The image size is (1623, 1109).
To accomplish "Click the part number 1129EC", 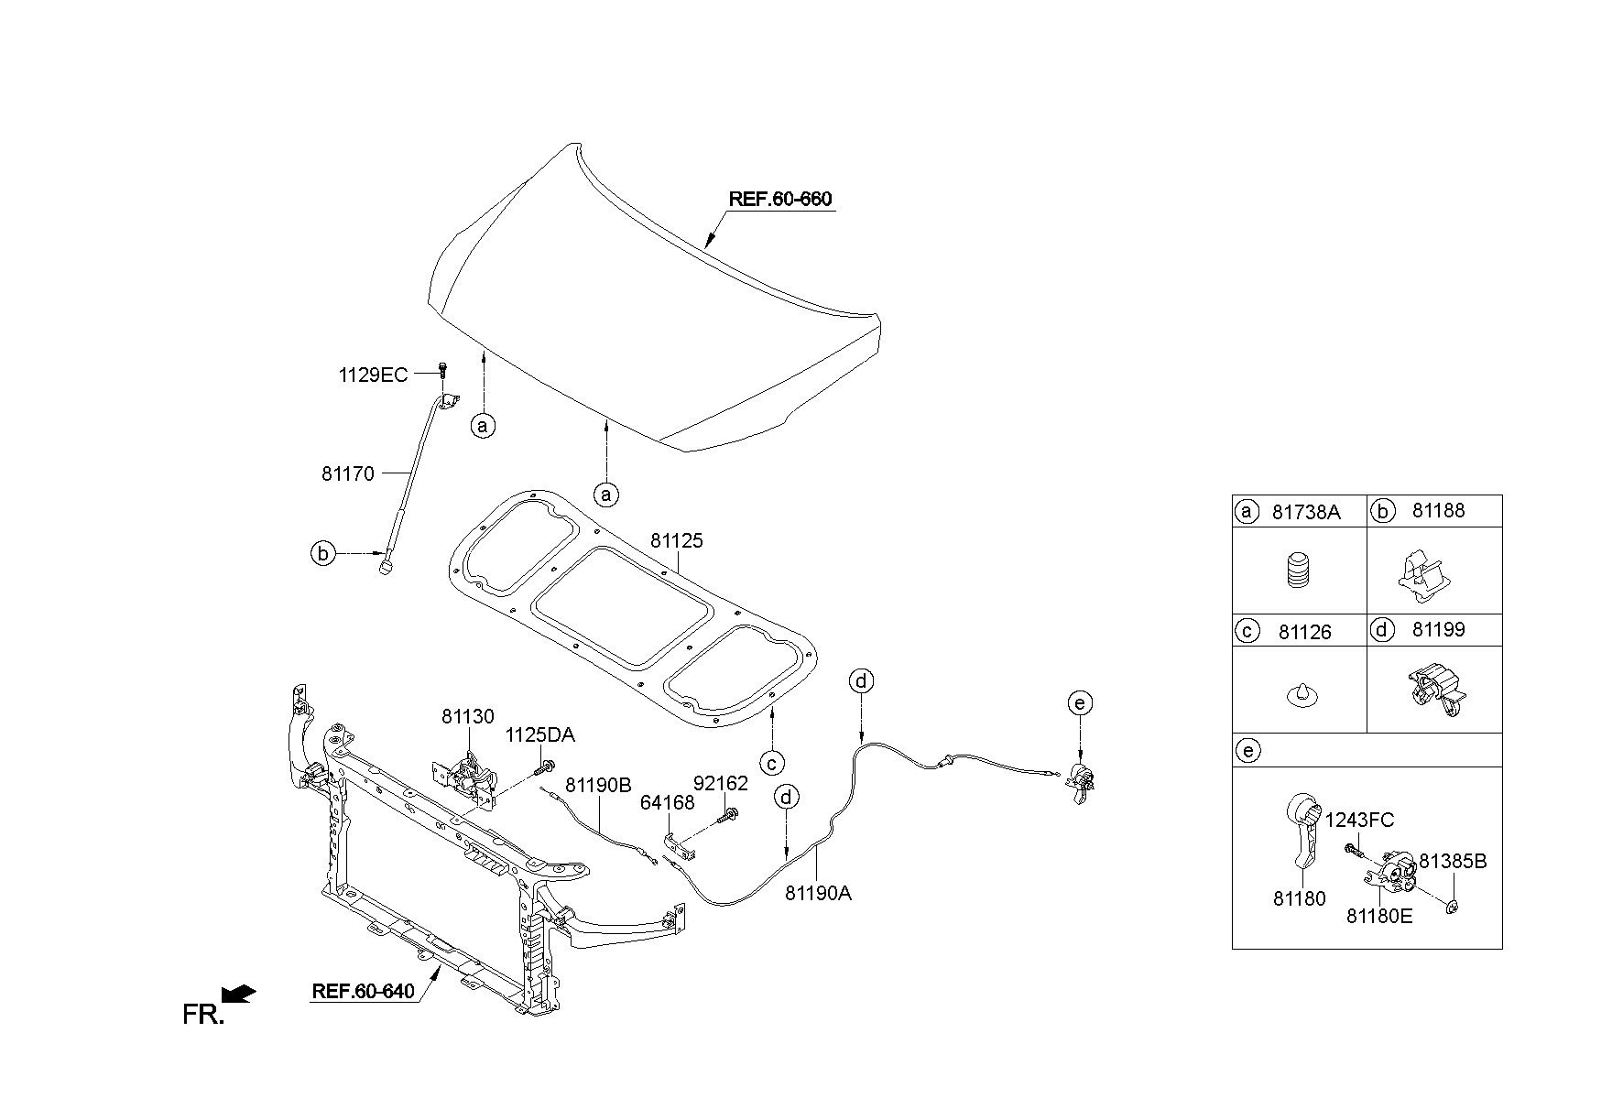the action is click(374, 375).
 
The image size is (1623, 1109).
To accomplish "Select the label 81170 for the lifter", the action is click(348, 474).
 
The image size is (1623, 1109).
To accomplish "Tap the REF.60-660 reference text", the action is click(781, 199).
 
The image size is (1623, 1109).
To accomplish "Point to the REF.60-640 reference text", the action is click(364, 991).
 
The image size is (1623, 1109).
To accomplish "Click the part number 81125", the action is click(677, 541).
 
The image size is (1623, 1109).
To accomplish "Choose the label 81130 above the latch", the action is click(468, 717).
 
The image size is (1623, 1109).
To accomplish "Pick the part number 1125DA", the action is click(540, 735).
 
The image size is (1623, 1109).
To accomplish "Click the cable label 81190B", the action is click(598, 785).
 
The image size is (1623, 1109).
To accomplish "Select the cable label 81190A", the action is click(818, 893).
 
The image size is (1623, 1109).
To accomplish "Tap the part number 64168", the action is click(667, 803).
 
